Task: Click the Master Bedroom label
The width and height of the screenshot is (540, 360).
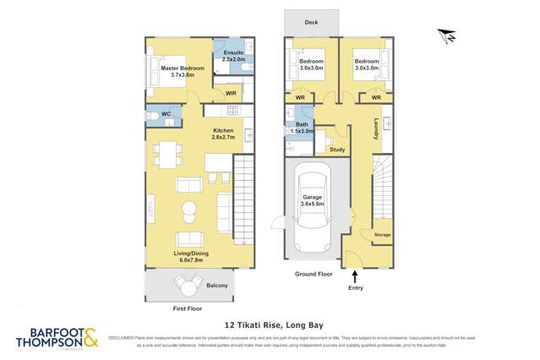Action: tap(177, 70)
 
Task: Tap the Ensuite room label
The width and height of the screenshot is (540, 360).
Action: tap(233, 56)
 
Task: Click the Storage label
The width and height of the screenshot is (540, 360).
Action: tap(382, 233)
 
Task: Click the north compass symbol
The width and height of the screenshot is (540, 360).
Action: tap(448, 36)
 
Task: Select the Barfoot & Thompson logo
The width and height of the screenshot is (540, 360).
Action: tap(57, 338)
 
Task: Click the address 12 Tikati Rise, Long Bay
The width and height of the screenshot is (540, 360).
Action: tap(270, 324)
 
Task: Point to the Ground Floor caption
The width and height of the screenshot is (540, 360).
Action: tap(313, 275)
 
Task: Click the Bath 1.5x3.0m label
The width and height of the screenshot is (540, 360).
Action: tap(301, 128)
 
